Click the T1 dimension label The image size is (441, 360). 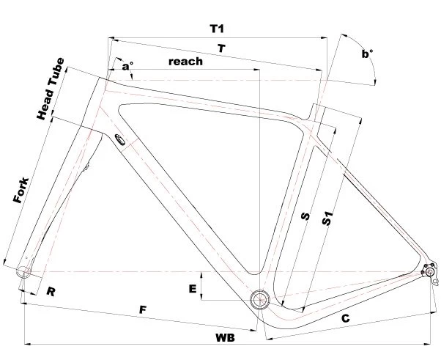click(216, 29)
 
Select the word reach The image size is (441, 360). click(185, 62)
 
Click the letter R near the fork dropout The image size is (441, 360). click(51, 292)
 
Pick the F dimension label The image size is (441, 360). click(144, 310)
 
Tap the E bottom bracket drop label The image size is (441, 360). click(193, 290)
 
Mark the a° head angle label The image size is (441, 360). click(128, 67)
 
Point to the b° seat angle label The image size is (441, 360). click(367, 54)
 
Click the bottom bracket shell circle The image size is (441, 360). click(259, 298)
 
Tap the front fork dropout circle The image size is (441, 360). click(24, 273)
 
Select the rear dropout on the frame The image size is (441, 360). click(431, 273)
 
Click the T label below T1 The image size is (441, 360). click(220, 48)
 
